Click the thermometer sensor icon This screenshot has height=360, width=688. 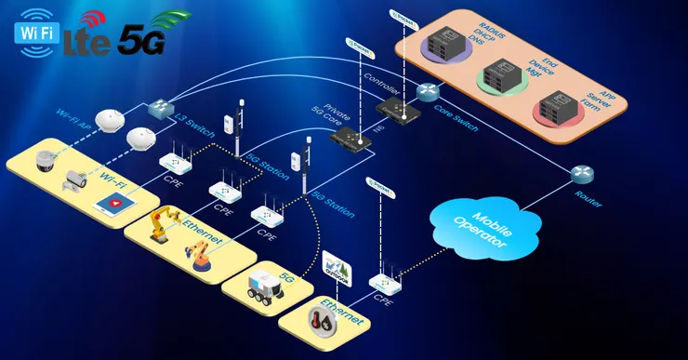click(x=328, y=324)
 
